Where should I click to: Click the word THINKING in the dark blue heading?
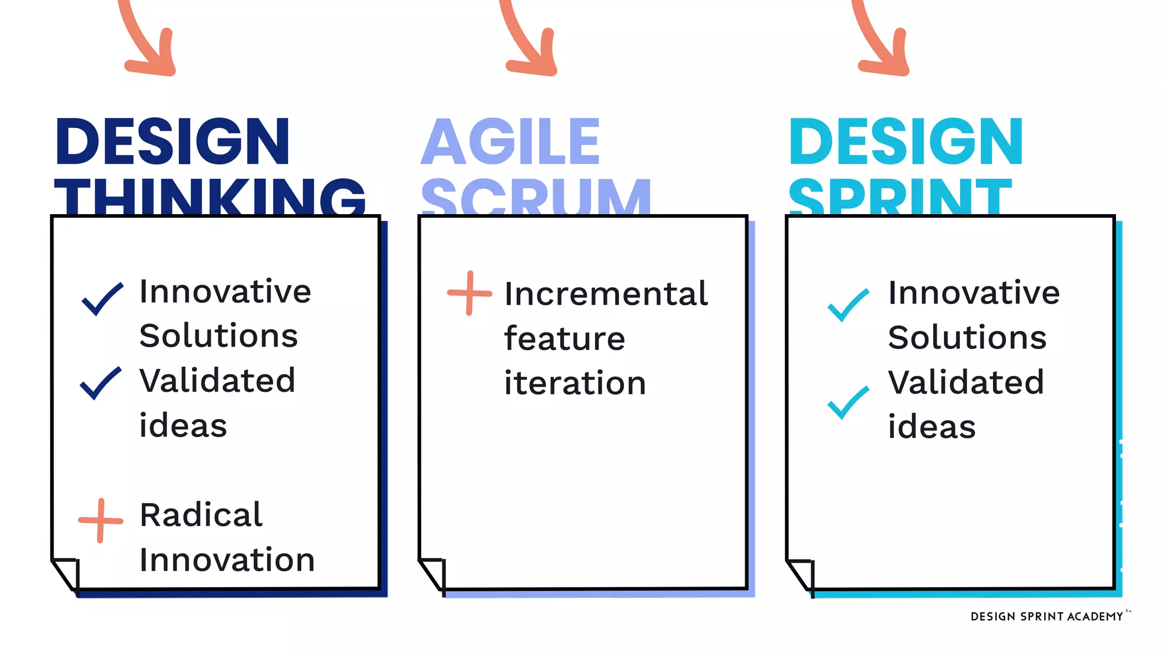click(x=210, y=196)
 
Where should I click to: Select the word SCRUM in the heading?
click(x=536, y=197)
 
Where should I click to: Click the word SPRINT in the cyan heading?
click(x=900, y=197)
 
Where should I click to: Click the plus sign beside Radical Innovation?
click(x=101, y=520)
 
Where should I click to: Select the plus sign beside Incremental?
click(x=470, y=293)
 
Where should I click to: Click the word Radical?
click(x=201, y=515)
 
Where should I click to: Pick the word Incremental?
click(x=606, y=294)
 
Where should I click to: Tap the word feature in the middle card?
click(x=564, y=338)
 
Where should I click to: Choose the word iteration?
click(x=575, y=383)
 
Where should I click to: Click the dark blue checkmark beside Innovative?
click(x=102, y=298)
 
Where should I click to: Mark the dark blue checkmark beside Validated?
click(x=101, y=383)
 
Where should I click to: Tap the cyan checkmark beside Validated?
click(x=848, y=402)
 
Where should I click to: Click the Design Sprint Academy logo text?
click(x=1046, y=617)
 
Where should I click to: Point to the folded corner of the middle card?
click(x=433, y=574)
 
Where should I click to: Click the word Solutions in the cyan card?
click(x=967, y=337)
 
